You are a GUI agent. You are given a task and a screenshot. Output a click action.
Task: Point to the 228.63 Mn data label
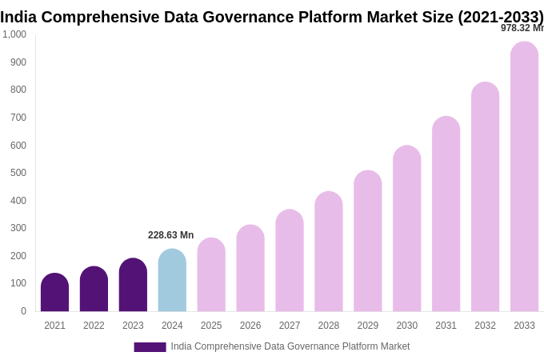(170, 235)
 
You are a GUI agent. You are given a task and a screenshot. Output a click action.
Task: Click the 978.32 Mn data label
(522, 28)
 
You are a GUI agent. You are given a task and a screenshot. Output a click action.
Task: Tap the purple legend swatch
(150, 347)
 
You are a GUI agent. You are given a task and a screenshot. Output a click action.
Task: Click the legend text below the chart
(290, 346)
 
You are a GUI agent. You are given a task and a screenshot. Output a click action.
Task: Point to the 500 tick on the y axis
(18, 173)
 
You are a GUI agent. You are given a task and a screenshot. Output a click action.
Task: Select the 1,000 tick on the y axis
(14, 34)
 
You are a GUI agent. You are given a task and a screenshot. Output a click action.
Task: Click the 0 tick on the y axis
(23, 311)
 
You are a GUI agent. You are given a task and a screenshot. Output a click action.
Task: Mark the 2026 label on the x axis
(250, 326)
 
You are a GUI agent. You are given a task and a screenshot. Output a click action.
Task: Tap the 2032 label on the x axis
(485, 326)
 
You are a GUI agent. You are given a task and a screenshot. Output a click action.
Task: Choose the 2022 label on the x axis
(94, 326)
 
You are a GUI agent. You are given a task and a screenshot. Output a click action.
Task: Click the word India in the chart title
(19, 17)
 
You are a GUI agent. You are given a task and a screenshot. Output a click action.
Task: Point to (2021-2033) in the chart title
(500, 17)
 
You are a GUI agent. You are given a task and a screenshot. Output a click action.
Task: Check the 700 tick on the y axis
(18, 118)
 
